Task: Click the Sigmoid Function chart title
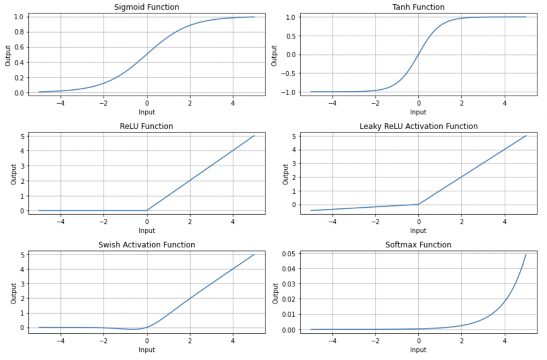[147, 7]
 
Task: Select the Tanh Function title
[418, 7]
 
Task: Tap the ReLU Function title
[147, 127]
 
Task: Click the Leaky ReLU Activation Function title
[418, 127]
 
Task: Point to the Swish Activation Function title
[147, 245]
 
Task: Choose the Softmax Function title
[418, 245]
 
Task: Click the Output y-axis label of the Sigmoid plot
[7, 54]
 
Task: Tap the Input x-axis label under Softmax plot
[418, 350]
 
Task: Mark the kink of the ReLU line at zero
[147, 210]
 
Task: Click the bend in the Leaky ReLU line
[418, 204]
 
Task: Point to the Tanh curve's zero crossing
[418, 54]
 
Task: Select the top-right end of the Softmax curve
[526, 254]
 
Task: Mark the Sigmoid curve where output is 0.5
[147, 54]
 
